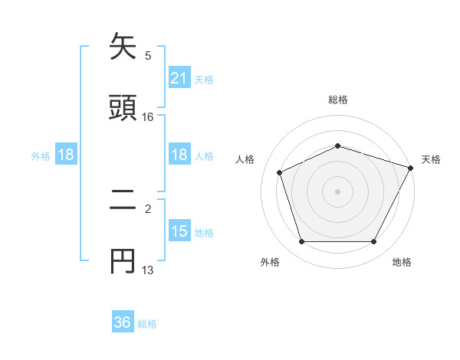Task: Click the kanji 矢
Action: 123,47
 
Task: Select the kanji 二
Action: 123,201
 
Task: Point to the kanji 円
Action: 123,260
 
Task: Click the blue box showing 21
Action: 179,78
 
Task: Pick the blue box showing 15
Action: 179,231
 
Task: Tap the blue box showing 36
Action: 123,322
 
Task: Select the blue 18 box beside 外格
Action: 66,155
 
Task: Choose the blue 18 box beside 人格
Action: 179,155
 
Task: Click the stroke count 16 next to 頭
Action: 148,117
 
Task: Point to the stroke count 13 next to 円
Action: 148,270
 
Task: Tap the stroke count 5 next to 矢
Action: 148,55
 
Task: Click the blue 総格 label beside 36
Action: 147,324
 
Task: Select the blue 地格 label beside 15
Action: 204,233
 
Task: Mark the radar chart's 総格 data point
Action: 337,146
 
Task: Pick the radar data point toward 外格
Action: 301,242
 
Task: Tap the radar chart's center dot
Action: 337,191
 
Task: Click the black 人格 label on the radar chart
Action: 245,160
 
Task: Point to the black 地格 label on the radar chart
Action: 402,263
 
